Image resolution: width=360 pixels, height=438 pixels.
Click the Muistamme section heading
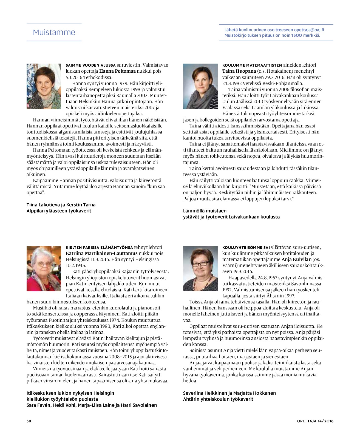(x=54, y=32)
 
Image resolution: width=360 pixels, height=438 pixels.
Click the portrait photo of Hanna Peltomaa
(x=44, y=86)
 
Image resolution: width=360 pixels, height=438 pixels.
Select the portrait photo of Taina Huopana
(x=200, y=86)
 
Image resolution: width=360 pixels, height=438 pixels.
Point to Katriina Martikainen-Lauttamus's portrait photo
(x=44, y=268)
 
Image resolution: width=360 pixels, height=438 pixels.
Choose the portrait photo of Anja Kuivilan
(x=200, y=268)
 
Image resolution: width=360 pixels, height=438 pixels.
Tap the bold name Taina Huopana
(x=239, y=71)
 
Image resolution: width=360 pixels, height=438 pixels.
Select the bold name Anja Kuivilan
(x=297, y=259)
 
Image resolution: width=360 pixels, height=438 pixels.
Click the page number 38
(x=29, y=421)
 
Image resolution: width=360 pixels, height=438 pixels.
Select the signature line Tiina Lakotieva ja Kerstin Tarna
(x=61, y=205)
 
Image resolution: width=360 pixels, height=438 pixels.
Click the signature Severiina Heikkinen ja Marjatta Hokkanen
(x=229, y=393)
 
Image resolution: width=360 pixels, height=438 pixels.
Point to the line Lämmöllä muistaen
(x=205, y=211)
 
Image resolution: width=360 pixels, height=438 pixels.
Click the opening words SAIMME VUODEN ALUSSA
(x=90, y=65)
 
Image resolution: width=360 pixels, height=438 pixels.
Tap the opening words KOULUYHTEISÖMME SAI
(x=246, y=247)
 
